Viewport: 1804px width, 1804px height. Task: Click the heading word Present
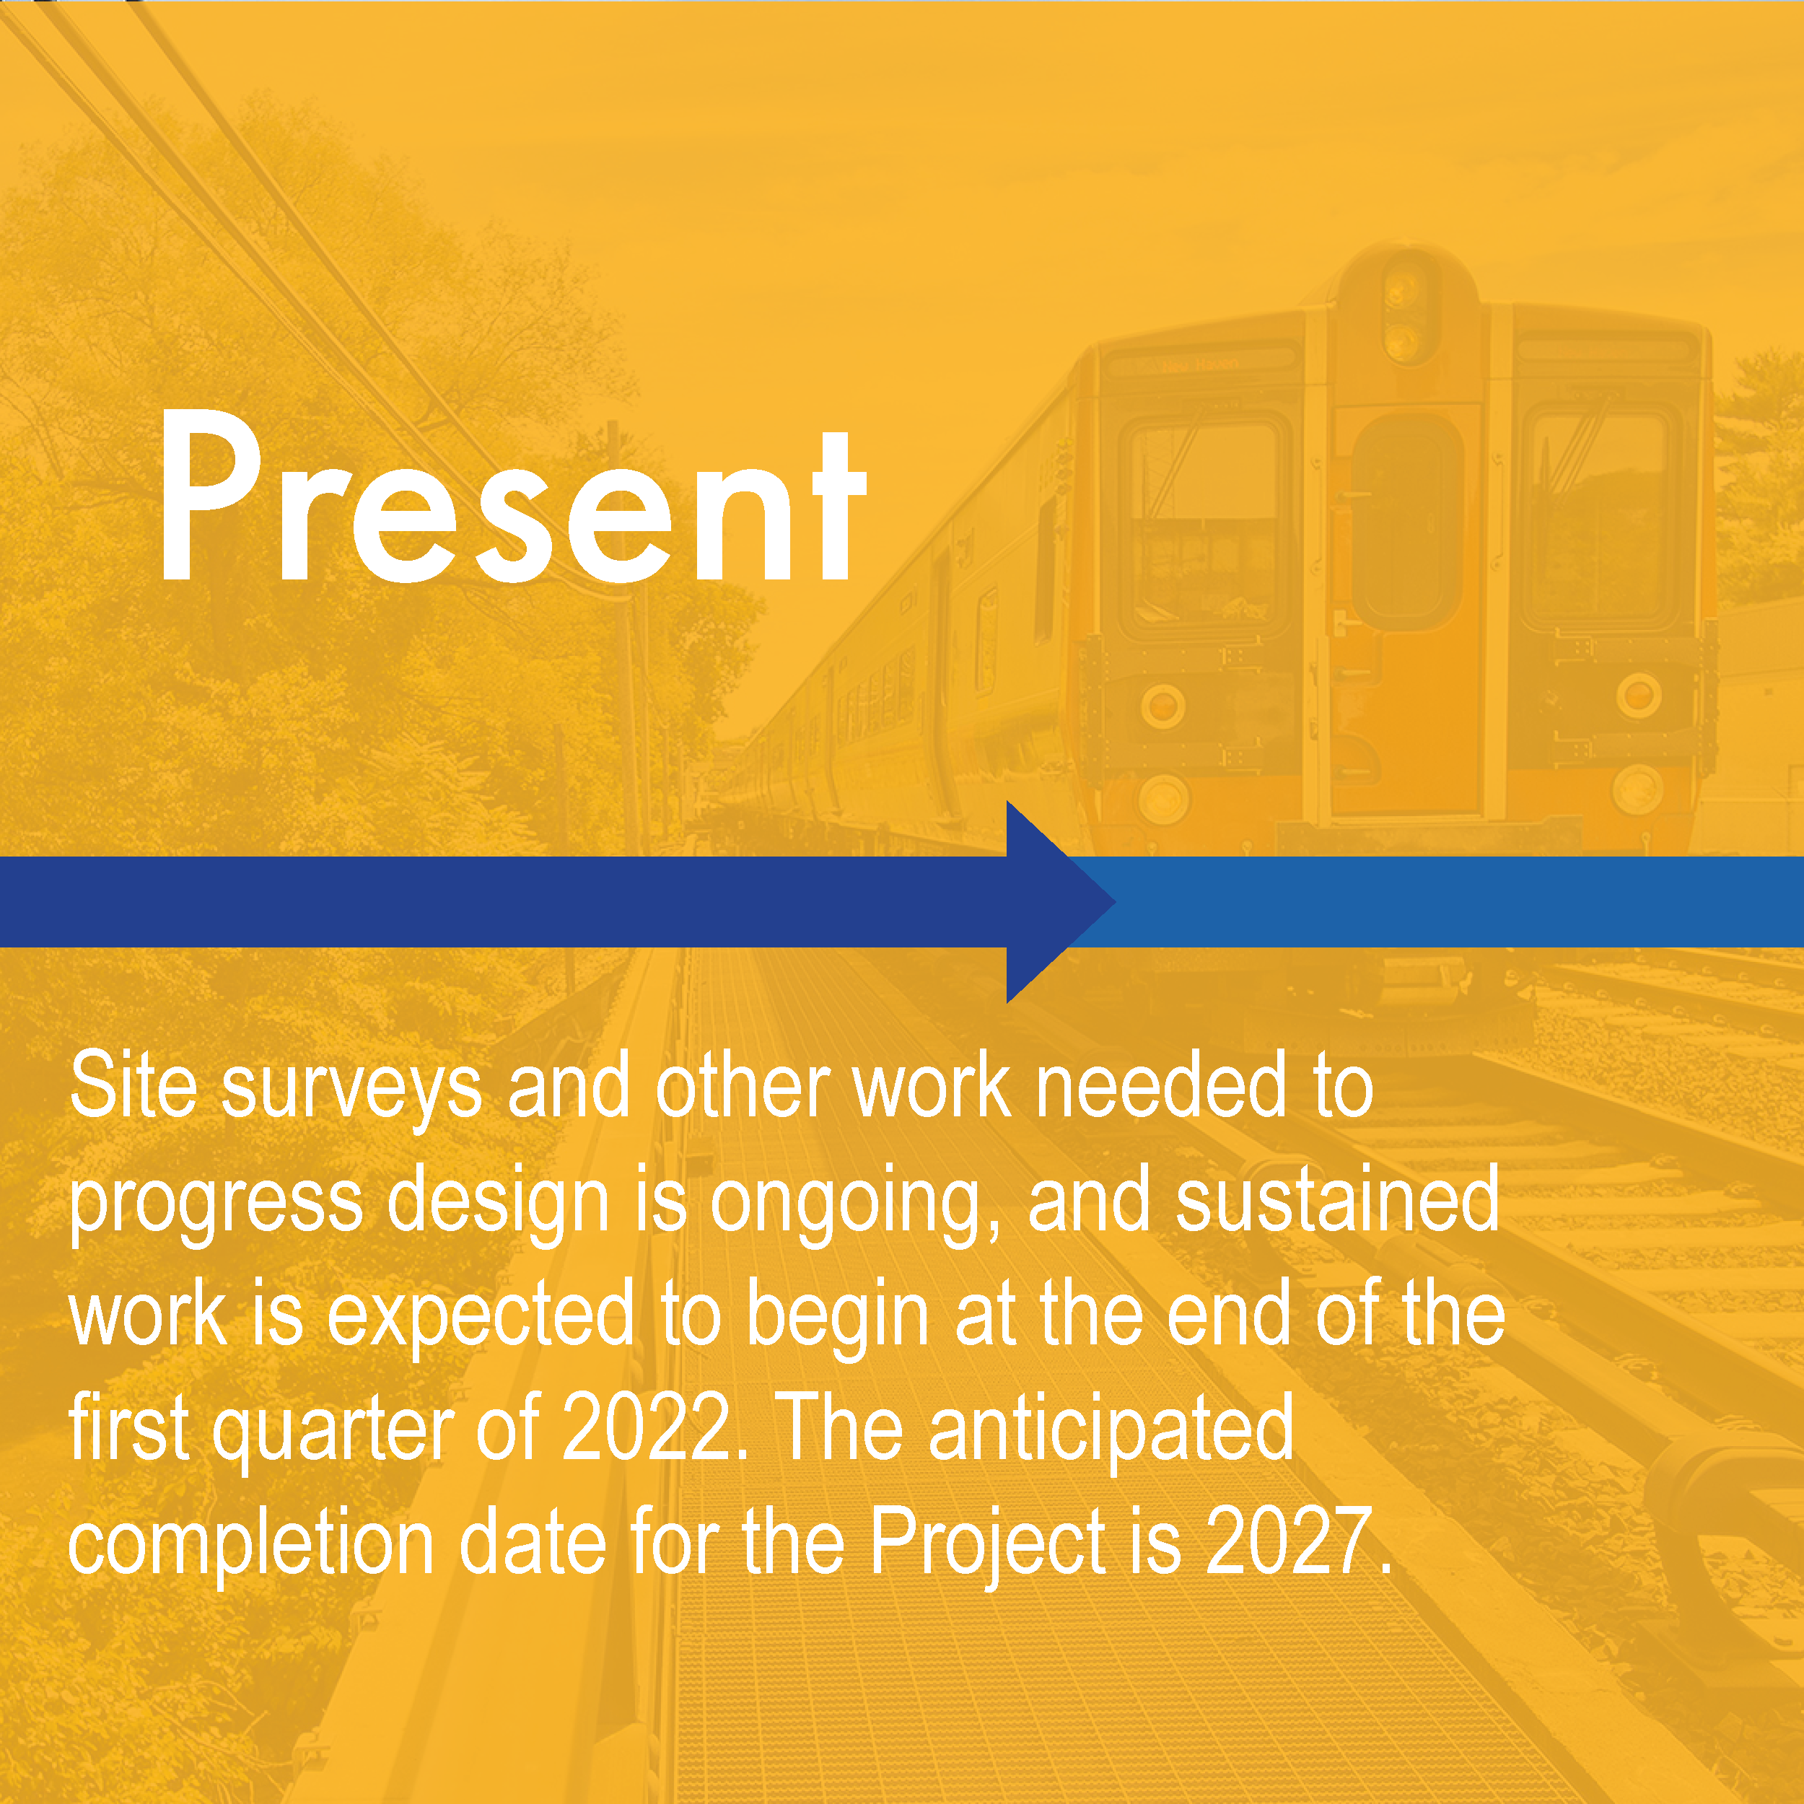[512, 496]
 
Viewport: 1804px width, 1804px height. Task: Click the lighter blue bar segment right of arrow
[1457, 902]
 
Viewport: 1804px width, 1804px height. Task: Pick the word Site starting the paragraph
[133, 1085]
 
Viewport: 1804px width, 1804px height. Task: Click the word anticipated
[1111, 1429]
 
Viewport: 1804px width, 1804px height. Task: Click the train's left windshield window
[1203, 523]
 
